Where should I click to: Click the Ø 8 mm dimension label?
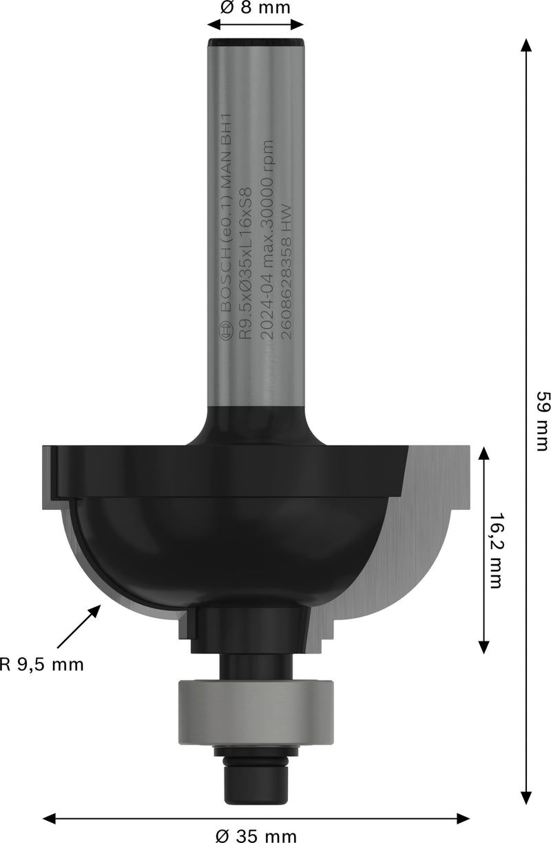point(256,8)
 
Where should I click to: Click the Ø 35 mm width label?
point(256,835)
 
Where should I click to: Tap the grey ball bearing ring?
point(256,712)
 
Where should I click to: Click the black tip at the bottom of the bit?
point(256,785)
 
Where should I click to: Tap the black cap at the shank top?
point(256,43)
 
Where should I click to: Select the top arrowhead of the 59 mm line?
point(526,46)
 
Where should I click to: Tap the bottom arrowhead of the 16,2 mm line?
point(484,645)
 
